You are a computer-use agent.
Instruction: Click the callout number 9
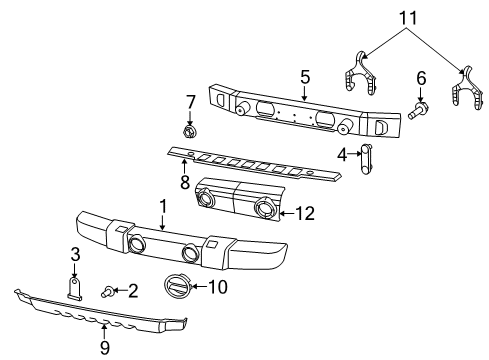click(x=105, y=349)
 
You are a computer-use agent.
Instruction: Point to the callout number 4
click(x=340, y=154)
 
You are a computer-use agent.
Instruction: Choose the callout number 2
click(x=132, y=290)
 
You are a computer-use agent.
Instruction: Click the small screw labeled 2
click(x=107, y=290)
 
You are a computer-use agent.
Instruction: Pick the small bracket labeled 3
click(x=75, y=287)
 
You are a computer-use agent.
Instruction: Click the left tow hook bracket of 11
click(x=365, y=77)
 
